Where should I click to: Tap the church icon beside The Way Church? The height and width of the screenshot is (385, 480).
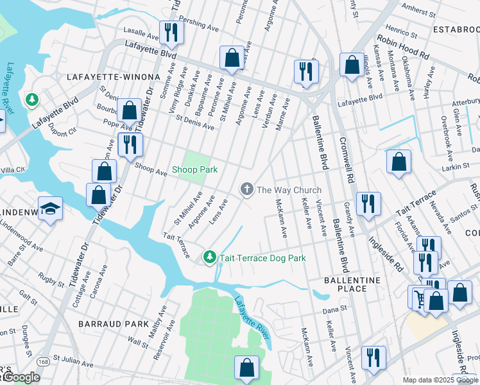coord(246,189)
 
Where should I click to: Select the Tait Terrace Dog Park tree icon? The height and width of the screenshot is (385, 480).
coord(209,257)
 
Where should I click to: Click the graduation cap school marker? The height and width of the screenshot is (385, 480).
coord(50,209)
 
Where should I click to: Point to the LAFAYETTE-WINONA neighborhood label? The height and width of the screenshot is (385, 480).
coord(113,77)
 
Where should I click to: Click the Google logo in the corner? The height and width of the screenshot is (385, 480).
coord(21,378)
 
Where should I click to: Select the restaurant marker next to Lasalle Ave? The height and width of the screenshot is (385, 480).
coord(170,31)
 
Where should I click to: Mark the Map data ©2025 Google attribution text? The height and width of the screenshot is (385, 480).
coord(440,380)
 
